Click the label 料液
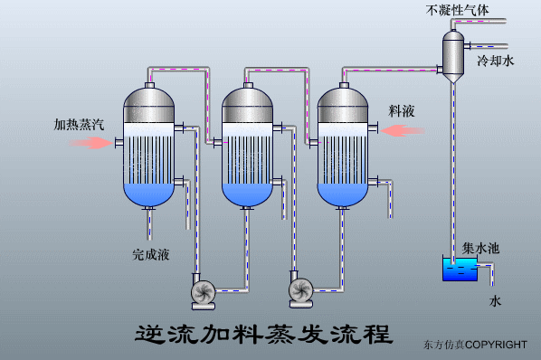tap(402, 110)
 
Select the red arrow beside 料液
tap(402, 131)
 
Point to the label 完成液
tap(151, 255)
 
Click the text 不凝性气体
tap(459, 11)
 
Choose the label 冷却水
tap(495, 62)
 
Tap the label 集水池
tap(480, 247)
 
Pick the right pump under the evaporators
tap(300, 289)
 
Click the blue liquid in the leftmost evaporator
tap(149, 193)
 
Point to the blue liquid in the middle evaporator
tap(246, 193)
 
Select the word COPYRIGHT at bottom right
tap(497, 345)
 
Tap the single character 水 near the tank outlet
tap(495, 299)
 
